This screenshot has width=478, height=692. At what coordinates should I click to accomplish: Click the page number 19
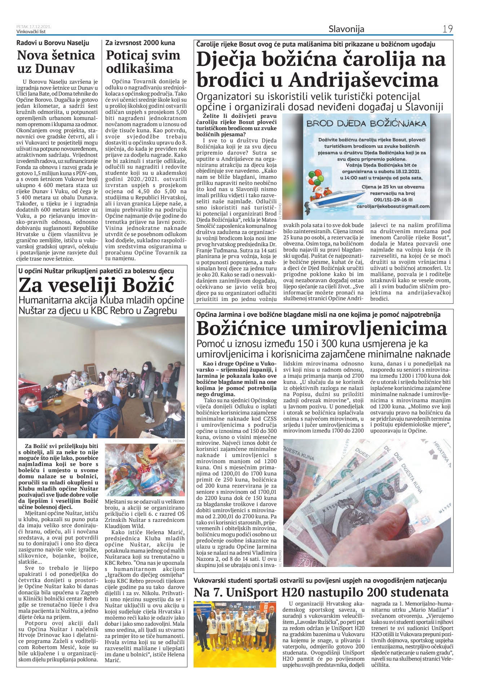[x=447, y=29]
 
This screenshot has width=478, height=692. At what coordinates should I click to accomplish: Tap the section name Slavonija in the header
[x=346, y=29]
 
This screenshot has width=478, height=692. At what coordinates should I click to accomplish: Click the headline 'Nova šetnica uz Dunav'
[x=56, y=62]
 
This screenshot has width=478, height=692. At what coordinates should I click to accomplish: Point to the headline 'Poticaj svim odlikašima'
[x=143, y=62]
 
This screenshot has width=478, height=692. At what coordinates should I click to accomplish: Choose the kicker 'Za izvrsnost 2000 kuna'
[x=140, y=43]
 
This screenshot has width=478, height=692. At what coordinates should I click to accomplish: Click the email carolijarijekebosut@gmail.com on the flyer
[x=393, y=206]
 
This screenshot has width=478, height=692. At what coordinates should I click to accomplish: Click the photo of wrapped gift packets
[x=145, y=470]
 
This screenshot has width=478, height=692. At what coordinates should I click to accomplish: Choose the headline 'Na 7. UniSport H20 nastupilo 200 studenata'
[x=321, y=593]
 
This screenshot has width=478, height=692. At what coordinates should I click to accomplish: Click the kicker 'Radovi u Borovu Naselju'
[x=53, y=43]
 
